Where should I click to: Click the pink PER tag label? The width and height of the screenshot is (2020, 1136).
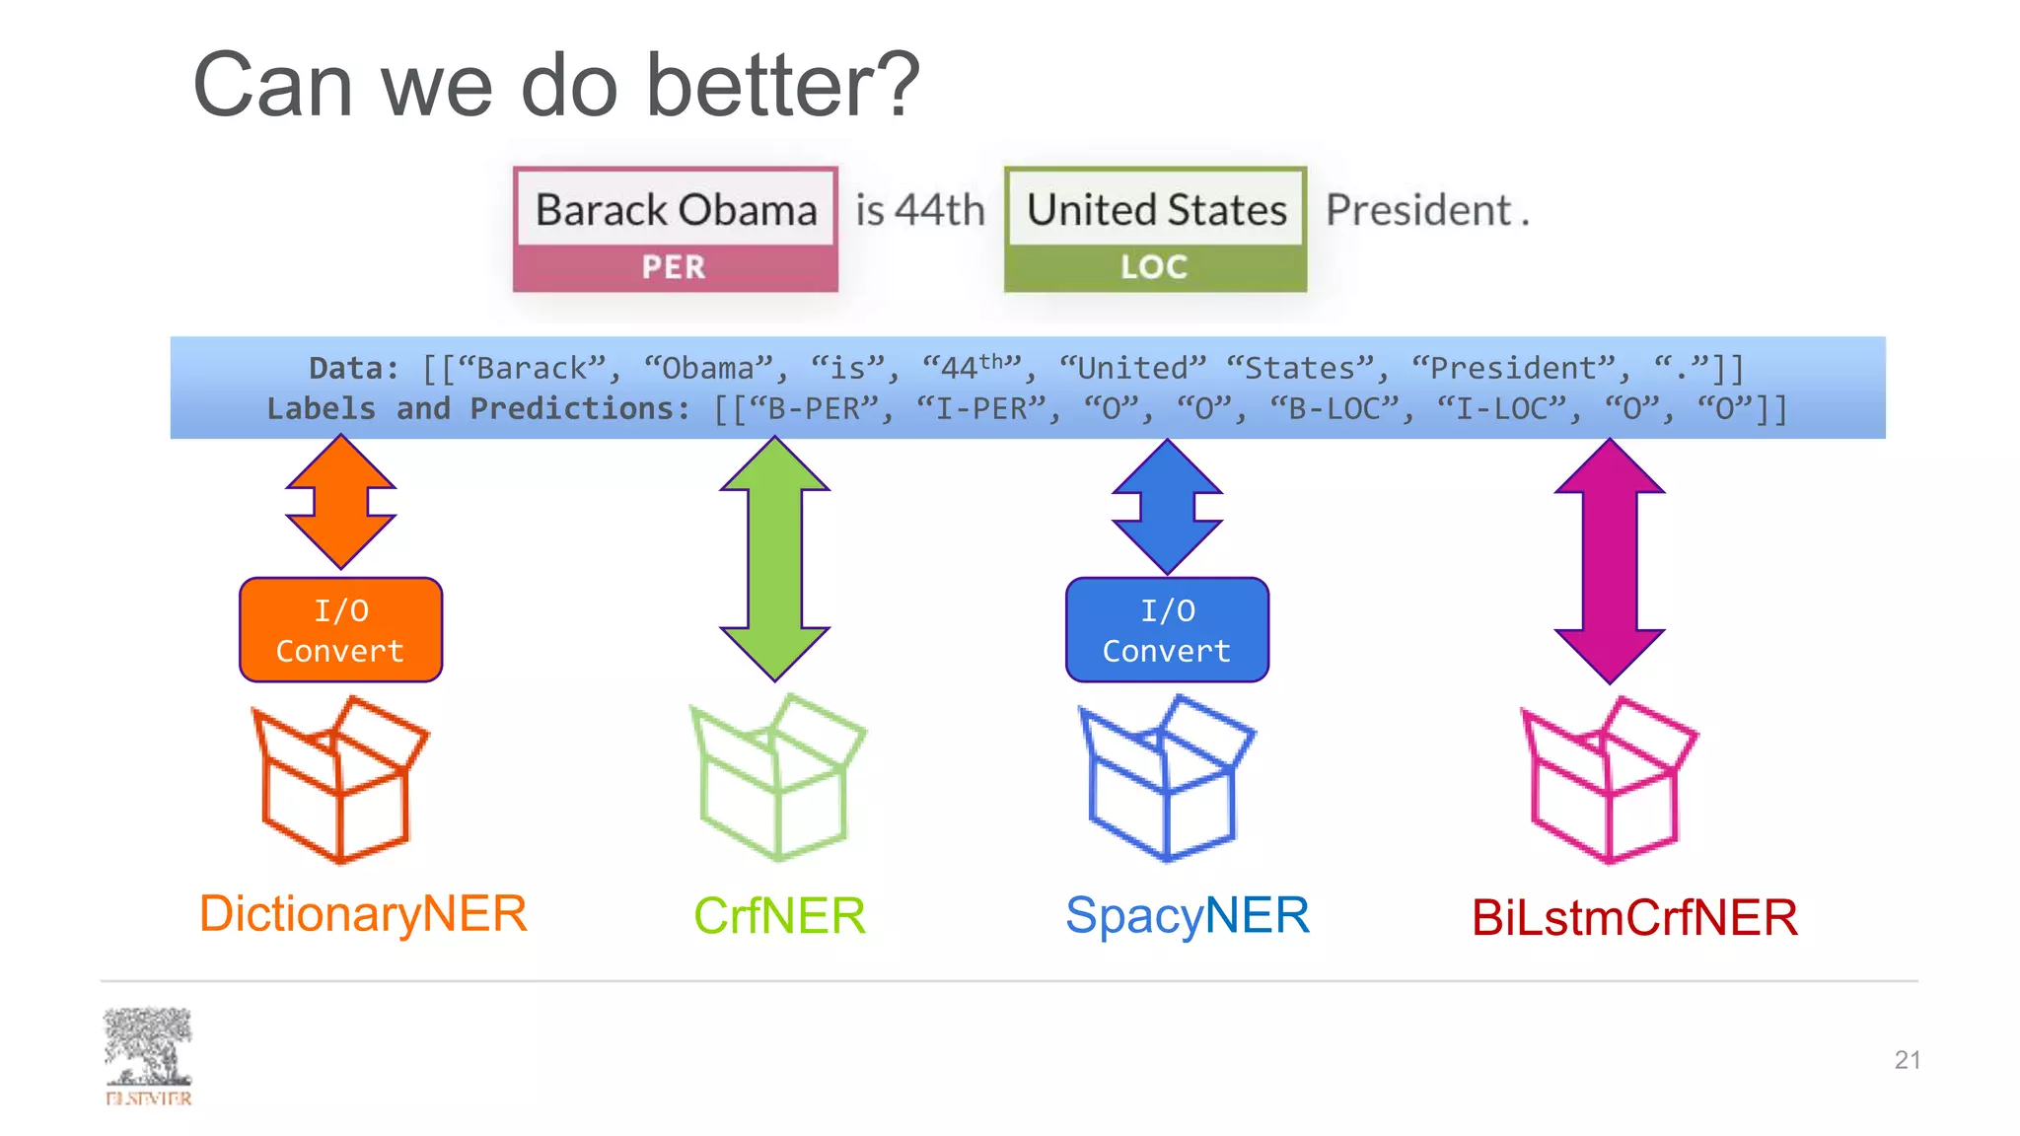pyautogui.click(x=675, y=267)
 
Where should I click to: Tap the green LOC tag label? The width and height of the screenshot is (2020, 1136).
pyautogui.click(x=1154, y=267)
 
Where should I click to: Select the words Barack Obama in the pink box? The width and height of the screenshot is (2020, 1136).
pyautogui.click(x=676, y=210)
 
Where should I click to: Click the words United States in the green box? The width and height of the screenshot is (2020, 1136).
pyautogui.click(x=1156, y=210)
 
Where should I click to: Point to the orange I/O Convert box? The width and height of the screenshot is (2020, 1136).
pyautogui.click(x=340, y=630)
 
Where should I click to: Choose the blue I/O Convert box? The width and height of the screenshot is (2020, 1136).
pyautogui.click(x=1167, y=630)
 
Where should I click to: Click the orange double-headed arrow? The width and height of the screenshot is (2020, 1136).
pyautogui.click(x=340, y=502)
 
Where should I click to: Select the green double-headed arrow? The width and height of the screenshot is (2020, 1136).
pyautogui.click(x=775, y=559)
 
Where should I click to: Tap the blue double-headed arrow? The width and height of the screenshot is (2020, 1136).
pyautogui.click(x=1167, y=506)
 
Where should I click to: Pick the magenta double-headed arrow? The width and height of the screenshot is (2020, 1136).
pyautogui.click(x=1610, y=560)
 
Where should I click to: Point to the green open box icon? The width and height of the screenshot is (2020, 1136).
pyautogui.click(x=776, y=778)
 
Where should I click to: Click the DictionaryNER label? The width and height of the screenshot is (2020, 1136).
pyautogui.click(x=363, y=913)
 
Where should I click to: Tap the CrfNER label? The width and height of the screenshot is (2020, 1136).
pyautogui.click(x=779, y=916)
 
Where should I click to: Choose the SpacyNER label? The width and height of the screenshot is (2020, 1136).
pyautogui.click(x=1188, y=915)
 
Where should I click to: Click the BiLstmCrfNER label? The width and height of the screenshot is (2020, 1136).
pyautogui.click(x=1634, y=918)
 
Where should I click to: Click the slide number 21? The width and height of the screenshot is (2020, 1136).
pyautogui.click(x=1907, y=1060)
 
